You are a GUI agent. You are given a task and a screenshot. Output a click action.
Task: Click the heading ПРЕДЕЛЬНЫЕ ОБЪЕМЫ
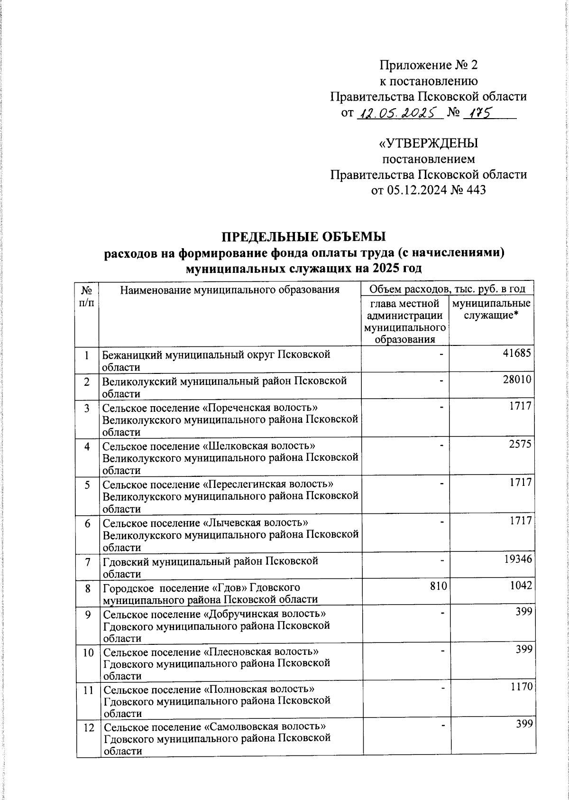coord(304,236)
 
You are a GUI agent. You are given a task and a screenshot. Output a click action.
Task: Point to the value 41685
coord(518,353)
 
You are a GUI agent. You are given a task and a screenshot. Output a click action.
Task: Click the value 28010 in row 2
coord(518,380)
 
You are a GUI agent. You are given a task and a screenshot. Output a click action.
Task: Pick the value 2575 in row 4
coord(521,444)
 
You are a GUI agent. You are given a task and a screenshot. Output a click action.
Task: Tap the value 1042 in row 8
coord(521,586)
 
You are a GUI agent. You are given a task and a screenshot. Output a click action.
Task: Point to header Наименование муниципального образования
coord(230,289)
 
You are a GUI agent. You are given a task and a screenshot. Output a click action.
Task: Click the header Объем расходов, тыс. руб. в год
coord(447,288)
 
